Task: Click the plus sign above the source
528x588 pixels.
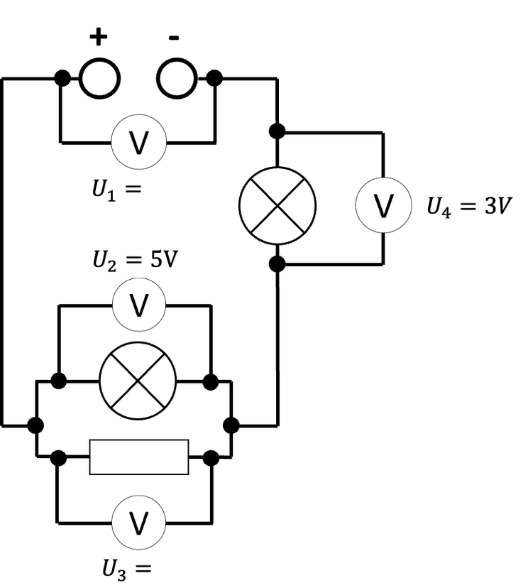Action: pyautogui.click(x=99, y=37)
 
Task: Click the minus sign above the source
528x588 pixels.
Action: pyautogui.click(x=174, y=37)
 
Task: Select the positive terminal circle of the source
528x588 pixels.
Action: pyautogui.click(x=99, y=78)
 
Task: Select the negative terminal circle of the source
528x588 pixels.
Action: pyautogui.click(x=177, y=78)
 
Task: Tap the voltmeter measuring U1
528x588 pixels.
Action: pyautogui.click(x=138, y=142)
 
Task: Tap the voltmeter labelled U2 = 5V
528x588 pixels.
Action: pyautogui.click(x=138, y=305)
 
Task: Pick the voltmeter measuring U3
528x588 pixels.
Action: pyautogui.click(x=138, y=523)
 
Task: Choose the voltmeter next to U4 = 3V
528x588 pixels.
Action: pyautogui.click(x=383, y=205)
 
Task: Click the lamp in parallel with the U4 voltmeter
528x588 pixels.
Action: pyautogui.click(x=277, y=206)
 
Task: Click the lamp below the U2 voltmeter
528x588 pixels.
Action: pyautogui.click(x=138, y=381)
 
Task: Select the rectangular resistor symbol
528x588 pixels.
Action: pyautogui.click(x=139, y=457)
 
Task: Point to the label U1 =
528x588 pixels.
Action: pyautogui.click(x=116, y=190)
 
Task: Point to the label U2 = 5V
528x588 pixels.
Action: pyautogui.click(x=135, y=260)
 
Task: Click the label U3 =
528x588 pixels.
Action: pyautogui.click(x=127, y=570)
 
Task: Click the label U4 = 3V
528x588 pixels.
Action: pyautogui.click(x=469, y=206)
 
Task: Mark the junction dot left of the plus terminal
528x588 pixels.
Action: pyautogui.click(x=62, y=78)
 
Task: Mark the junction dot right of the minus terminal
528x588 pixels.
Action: pyautogui.click(x=214, y=78)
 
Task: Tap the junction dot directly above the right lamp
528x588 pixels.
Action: pyautogui.click(x=277, y=131)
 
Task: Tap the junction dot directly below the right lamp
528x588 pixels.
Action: pyautogui.click(x=277, y=264)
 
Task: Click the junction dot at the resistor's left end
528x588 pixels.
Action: pyautogui.click(x=58, y=458)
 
